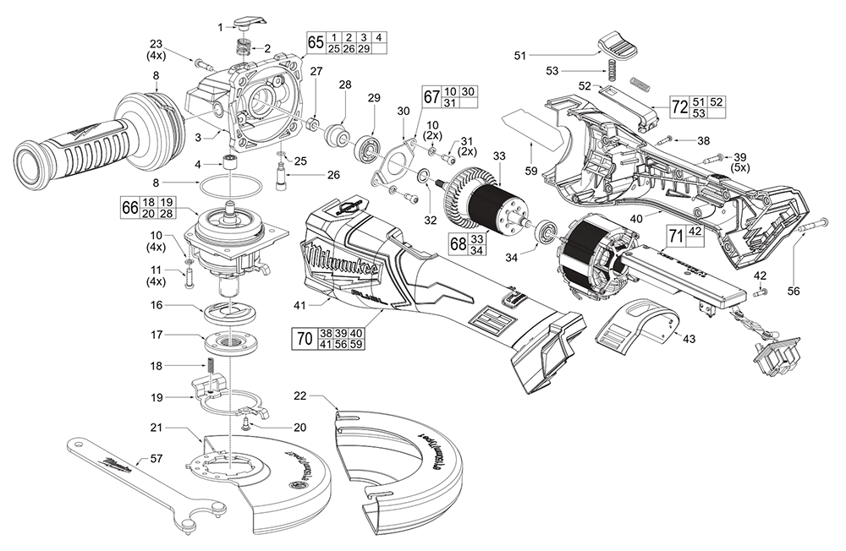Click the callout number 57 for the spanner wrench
tap(156, 458)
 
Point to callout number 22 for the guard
tap(301, 396)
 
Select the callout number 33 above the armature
tap(499, 155)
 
